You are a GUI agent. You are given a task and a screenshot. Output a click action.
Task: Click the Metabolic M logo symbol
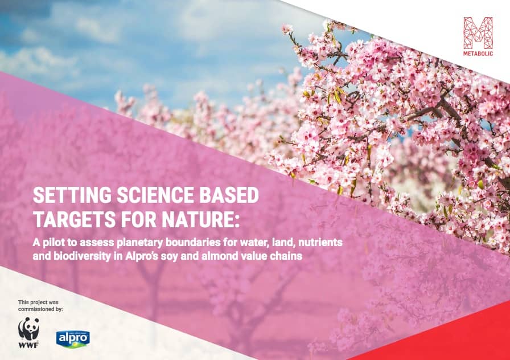pos(478,33)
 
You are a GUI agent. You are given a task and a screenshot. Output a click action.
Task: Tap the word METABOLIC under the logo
pos(478,54)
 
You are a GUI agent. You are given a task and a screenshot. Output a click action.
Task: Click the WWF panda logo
pos(28,329)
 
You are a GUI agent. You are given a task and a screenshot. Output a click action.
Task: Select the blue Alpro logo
pos(73,339)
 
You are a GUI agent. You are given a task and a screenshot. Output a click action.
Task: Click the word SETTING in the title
pos(72,195)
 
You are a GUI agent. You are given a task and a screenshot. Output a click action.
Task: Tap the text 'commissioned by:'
pos(40,309)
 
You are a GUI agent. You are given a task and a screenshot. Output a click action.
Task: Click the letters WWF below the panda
pos(28,345)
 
